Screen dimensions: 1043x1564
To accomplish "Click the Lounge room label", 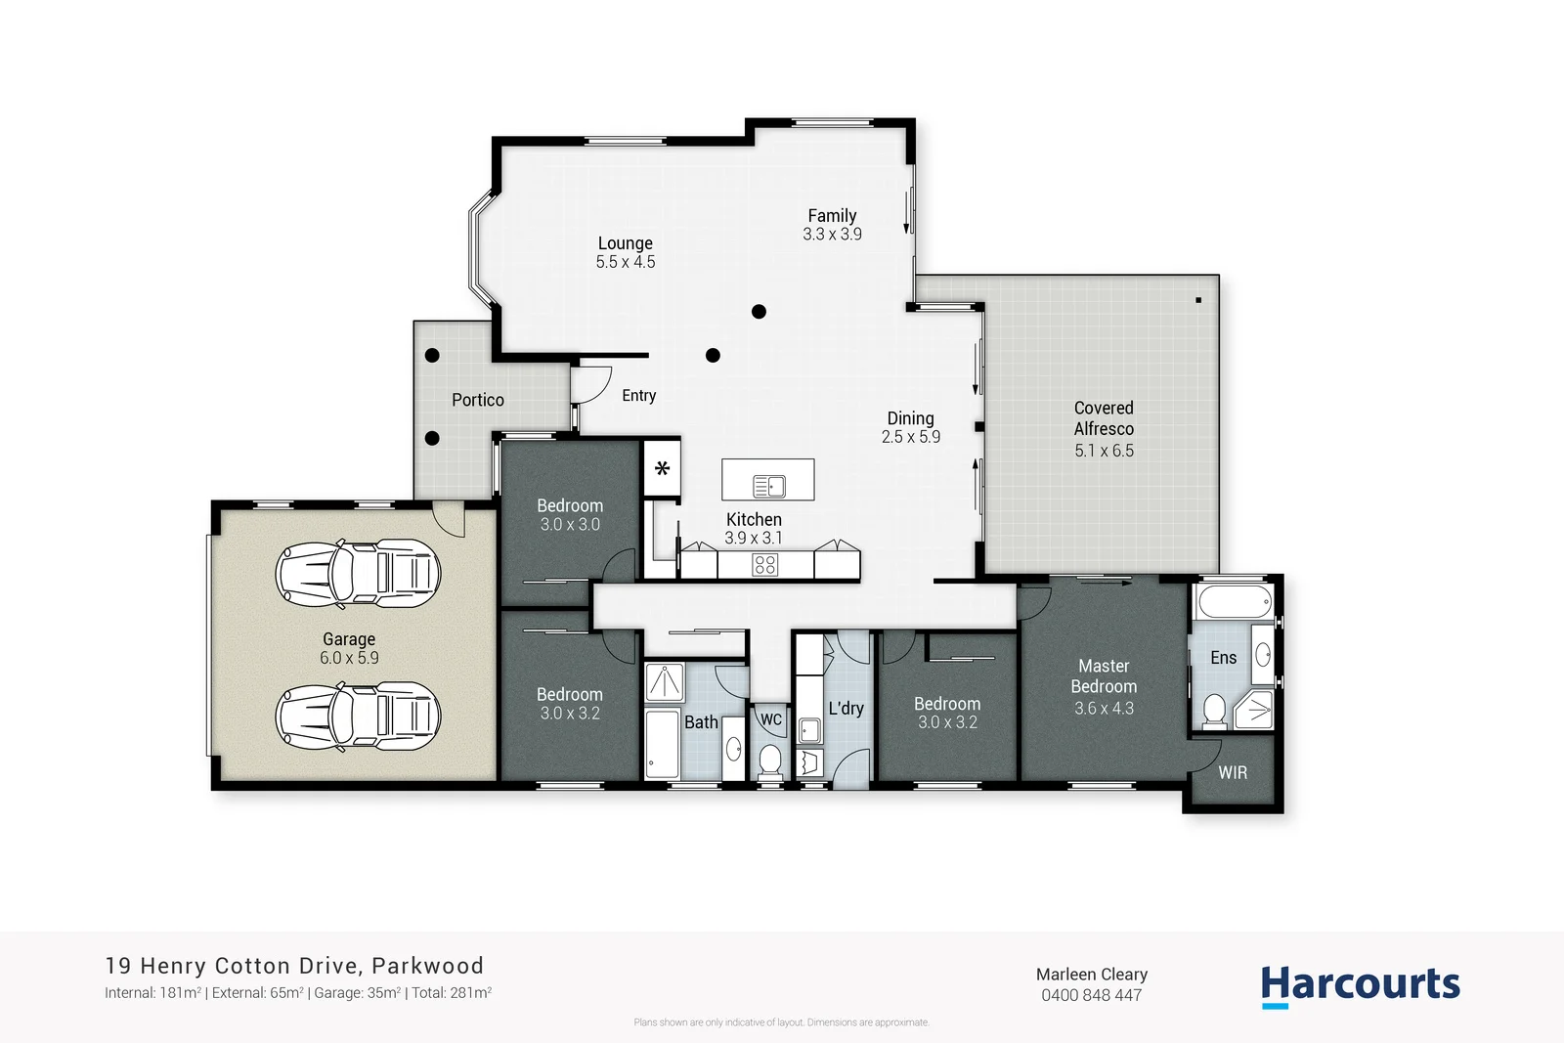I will pyautogui.click(x=625, y=243).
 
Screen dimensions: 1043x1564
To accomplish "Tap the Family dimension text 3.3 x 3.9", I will pyautogui.click(x=832, y=235).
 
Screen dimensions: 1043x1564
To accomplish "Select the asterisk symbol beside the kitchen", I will pyautogui.click(x=662, y=469).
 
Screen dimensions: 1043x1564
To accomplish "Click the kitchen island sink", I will pyautogui.click(x=769, y=486).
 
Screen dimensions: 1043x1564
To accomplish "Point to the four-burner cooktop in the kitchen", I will pyautogui.click(x=764, y=564).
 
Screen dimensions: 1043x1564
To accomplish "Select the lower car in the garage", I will pyautogui.click(x=358, y=717).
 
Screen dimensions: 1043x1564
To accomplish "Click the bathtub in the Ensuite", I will pyautogui.click(x=1234, y=601).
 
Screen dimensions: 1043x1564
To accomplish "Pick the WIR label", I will pyautogui.click(x=1232, y=773).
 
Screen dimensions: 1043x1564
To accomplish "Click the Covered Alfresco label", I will pyautogui.click(x=1104, y=418).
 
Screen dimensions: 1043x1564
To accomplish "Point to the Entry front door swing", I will pyautogui.click(x=592, y=384).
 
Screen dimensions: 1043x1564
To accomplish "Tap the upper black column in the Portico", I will pyautogui.click(x=432, y=356).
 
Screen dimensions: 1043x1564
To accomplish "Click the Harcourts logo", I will pyautogui.click(x=1360, y=984).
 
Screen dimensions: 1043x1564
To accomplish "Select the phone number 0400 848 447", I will pyautogui.click(x=1091, y=996).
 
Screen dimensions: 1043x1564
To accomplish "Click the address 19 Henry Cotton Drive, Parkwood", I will pyautogui.click(x=294, y=966).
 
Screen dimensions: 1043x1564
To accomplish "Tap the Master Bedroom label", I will pyautogui.click(x=1104, y=676).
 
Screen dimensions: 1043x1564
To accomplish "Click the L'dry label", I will pyautogui.click(x=846, y=709).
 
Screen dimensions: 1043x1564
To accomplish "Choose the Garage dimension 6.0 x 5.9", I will pyautogui.click(x=349, y=659).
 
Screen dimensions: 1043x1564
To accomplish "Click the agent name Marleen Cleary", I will pyautogui.click(x=1091, y=975).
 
